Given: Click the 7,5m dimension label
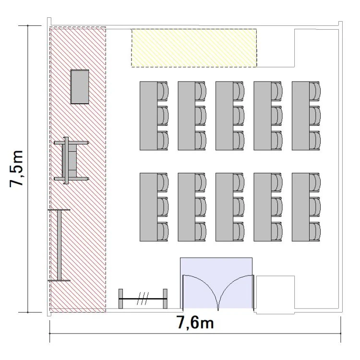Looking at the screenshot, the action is tap(16, 169).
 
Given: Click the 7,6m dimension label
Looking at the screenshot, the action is tap(195, 323).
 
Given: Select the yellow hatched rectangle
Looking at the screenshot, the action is tap(194, 48).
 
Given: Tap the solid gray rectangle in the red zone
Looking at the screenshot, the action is tap(80, 87).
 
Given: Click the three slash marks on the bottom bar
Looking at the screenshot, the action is tap(143, 299).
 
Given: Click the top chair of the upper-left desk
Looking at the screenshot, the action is tap(163, 91).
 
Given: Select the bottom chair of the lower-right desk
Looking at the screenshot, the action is tap(315, 231).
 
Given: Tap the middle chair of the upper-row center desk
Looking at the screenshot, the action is tap(239, 116).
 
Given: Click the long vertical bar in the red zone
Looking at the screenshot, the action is tap(59, 245).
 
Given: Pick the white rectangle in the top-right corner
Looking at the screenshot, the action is tap(316, 48).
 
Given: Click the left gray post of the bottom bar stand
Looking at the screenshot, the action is tap(121, 299).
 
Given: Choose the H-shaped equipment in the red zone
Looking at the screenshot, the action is tap(71, 160).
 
